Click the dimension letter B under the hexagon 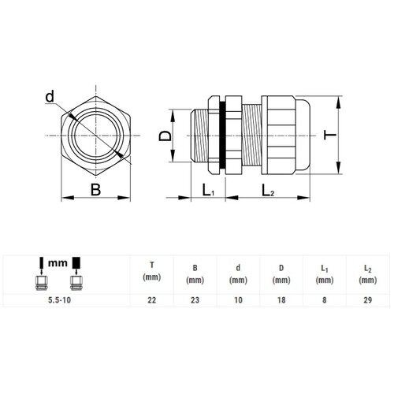click(x=95, y=190)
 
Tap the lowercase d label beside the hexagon click(x=50, y=96)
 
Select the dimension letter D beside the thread click(x=165, y=136)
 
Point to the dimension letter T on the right click(x=330, y=135)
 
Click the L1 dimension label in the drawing click(x=208, y=190)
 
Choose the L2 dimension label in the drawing click(x=268, y=190)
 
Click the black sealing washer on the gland click(x=222, y=135)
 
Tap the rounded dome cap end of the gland click(x=303, y=135)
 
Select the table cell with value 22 click(x=152, y=300)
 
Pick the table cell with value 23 click(x=195, y=300)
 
